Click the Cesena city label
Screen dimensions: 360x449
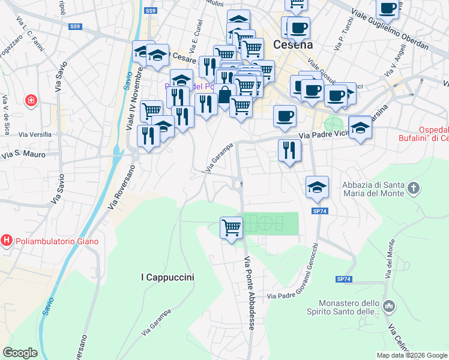point(293,44)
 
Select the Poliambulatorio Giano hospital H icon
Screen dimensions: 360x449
point(7,241)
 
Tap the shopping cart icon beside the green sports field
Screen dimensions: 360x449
point(231,227)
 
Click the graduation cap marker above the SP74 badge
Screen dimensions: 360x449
point(317,186)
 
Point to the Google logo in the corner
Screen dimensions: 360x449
point(20,353)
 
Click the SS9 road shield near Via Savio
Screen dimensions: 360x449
point(74,26)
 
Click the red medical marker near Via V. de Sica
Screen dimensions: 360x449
point(31,100)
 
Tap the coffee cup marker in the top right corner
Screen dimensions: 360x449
point(387,8)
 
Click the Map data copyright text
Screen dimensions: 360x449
point(412,355)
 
